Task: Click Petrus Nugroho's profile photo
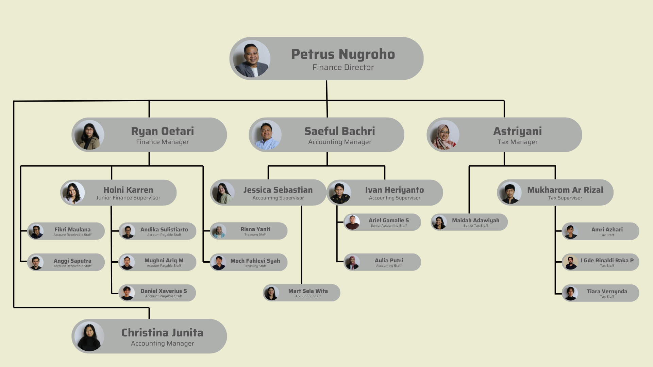click(x=252, y=59)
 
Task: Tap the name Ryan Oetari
click(x=163, y=131)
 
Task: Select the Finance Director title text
click(x=343, y=67)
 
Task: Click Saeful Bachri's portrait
click(x=267, y=135)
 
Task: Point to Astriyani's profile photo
click(x=444, y=135)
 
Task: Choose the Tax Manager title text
click(x=518, y=142)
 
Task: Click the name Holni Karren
click(x=128, y=190)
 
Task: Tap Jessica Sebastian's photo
click(x=223, y=193)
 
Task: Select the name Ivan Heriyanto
click(x=395, y=190)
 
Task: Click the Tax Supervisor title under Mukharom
click(x=565, y=198)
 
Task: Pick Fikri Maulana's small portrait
click(x=36, y=231)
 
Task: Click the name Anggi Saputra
click(x=72, y=261)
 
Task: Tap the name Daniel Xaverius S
click(x=164, y=291)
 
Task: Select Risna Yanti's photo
click(x=219, y=231)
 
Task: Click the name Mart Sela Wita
click(x=308, y=291)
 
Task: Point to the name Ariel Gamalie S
click(x=389, y=220)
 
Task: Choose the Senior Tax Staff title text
click(x=476, y=226)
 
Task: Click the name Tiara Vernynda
click(x=607, y=291)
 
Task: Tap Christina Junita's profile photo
click(x=89, y=336)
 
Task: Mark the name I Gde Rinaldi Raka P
click(x=607, y=260)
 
